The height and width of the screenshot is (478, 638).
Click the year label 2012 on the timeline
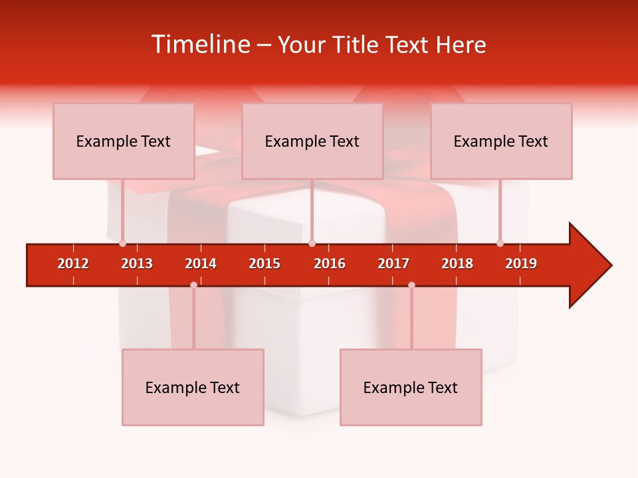click(73, 264)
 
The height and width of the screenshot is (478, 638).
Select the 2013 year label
click(137, 264)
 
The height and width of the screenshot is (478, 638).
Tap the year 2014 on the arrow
click(201, 264)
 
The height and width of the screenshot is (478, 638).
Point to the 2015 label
click(265, 264)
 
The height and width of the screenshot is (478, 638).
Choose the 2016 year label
click(330, 264)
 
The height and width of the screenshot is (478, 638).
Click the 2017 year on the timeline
click(393, 264)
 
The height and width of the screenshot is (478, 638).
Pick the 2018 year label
click(457, 264)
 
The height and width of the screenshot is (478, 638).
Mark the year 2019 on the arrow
click(521, 264)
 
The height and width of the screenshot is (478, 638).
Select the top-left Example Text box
click(124, 141)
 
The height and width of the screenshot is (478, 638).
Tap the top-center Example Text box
click(312, 141)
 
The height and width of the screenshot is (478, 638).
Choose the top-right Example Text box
click(501, 141)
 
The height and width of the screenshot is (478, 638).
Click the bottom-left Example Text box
click(193, 388)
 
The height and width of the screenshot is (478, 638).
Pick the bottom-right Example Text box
click(411, 388)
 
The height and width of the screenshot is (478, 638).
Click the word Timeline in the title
click(201, 44)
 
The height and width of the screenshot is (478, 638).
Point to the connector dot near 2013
click(122, 243)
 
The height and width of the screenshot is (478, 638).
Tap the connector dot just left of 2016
click(312, 243)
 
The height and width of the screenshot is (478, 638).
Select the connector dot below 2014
click(193, 285)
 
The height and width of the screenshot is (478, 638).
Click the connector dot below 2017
click(411, 285)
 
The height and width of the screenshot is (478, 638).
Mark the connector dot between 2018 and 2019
click(500, 243)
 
